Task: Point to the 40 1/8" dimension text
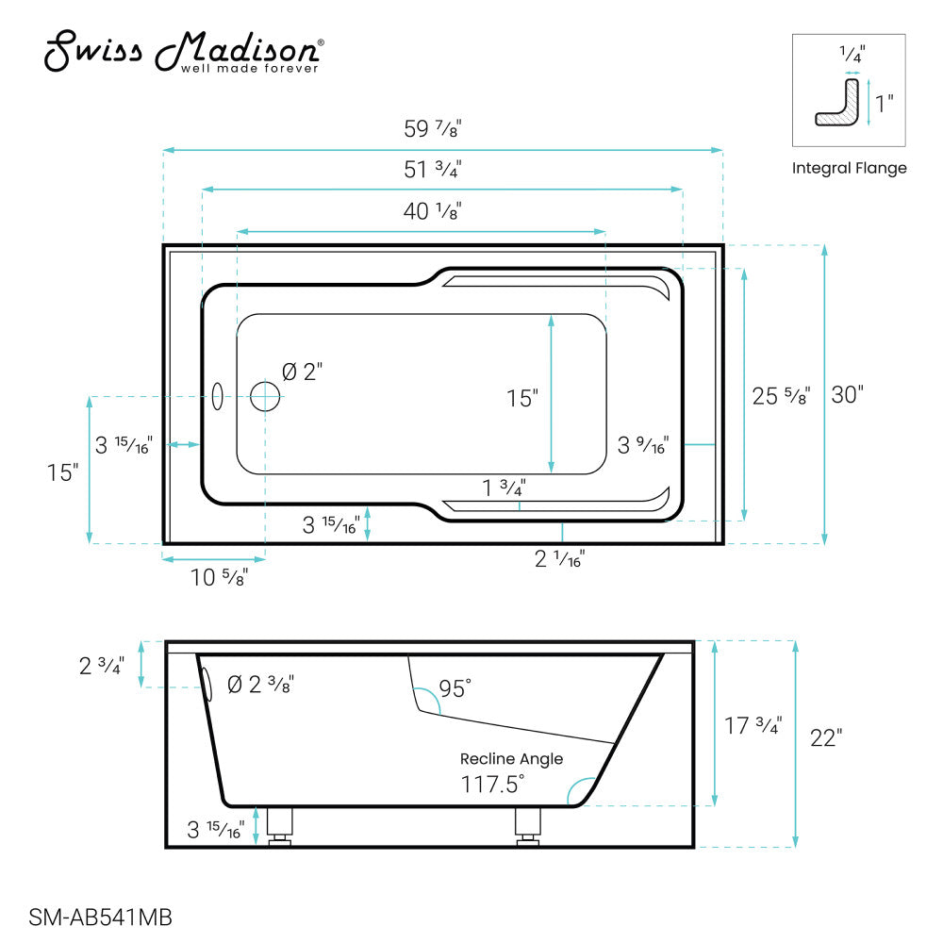[432, 211]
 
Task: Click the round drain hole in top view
[266, 397]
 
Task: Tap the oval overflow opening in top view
[218, 397]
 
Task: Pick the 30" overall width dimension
[847, 395]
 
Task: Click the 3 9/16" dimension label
[643, 444]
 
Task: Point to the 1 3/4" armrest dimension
[504, 488]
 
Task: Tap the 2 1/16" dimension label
[560, 559]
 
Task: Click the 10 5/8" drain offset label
[219, 578]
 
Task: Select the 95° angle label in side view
[453, 689]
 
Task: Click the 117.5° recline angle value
[492, 784]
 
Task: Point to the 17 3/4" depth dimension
[752, 726]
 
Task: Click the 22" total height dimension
[824, 738]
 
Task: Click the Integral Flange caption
[849, 168]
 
